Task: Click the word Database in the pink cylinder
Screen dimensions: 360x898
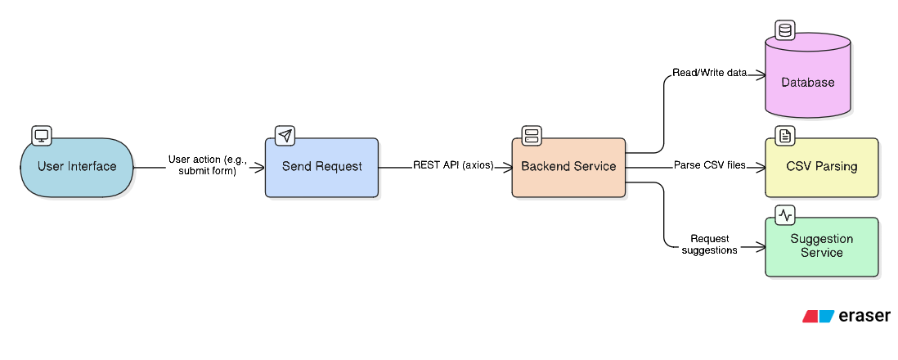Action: [807, 83]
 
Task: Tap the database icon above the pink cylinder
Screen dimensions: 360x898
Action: [785, 31]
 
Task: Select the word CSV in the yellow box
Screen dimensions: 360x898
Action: [799, 167]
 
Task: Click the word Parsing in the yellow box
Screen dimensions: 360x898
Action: [836, 167]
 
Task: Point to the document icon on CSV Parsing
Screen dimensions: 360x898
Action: [785, 136]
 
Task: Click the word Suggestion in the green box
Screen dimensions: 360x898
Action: [821, 239]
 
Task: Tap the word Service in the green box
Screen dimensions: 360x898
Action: [821, 253]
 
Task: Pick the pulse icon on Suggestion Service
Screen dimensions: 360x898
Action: [785, 216]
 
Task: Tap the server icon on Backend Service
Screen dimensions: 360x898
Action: [532, 136]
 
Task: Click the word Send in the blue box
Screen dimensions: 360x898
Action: [297, 167]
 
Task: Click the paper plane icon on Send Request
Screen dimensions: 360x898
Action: [284, 136]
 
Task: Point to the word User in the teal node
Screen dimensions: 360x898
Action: [51, 167]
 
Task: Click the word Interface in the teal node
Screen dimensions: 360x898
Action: [92, 167]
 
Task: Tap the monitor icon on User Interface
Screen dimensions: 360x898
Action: [41, 136]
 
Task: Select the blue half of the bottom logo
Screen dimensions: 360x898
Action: [827, 317]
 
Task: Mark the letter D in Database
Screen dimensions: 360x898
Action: [785, 83]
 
